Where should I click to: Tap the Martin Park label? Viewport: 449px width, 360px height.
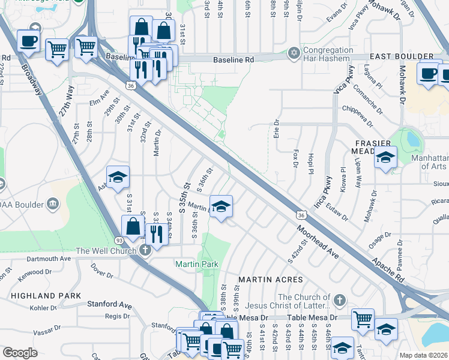click(196, 264)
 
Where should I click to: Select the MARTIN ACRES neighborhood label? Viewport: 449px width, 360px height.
click(270, 280)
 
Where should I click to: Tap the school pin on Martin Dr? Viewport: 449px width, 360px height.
click(221, 208)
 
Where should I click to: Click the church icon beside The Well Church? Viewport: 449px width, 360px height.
click(143, 250)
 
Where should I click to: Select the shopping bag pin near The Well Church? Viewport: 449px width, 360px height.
click(133, 227)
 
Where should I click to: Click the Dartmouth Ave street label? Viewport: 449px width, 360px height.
click(53, 259)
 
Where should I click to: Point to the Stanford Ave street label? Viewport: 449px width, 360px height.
click(109, 305)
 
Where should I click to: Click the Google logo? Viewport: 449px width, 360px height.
click(20, 353)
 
